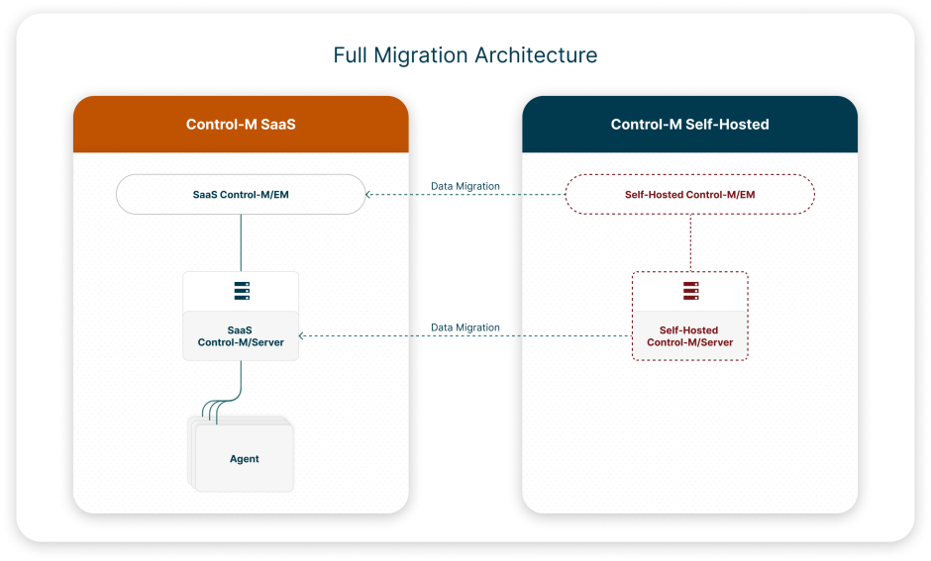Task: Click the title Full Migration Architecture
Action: [465, 55]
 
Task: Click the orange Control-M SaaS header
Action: [241, 125]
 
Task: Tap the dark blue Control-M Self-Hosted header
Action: [689, 125]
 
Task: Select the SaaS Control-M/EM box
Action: [241, 195]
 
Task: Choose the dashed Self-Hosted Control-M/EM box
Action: [689, 195]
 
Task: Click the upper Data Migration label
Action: [465, 186]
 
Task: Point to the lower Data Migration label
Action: [465, 327]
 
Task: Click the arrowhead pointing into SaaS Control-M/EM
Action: [369, 195]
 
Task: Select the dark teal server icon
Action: [241, 291]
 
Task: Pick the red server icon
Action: [690, 291]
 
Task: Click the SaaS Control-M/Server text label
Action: [241, 336]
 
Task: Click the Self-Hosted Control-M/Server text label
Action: [689, 336]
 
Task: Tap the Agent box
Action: [245, 458]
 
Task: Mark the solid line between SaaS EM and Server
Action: [241, 242]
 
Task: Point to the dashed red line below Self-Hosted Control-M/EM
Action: [690, 242]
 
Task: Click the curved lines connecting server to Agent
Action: [223, 401]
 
